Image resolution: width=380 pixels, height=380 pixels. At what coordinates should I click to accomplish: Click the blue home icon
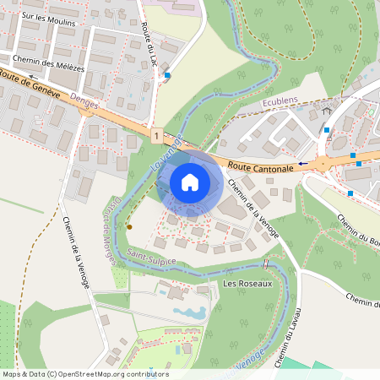[x=190, y=182]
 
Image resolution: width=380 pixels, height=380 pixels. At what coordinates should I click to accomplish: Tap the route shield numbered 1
[x=156, y=134]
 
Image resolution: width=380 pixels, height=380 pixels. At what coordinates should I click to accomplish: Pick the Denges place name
[x=85, y=101]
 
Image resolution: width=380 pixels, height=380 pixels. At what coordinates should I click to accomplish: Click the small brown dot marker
[x=129, y=227]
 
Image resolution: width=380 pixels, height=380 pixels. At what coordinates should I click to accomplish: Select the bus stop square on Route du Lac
[x=167, y=75]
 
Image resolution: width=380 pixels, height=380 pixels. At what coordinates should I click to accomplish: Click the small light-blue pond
[x=189, y=312]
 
